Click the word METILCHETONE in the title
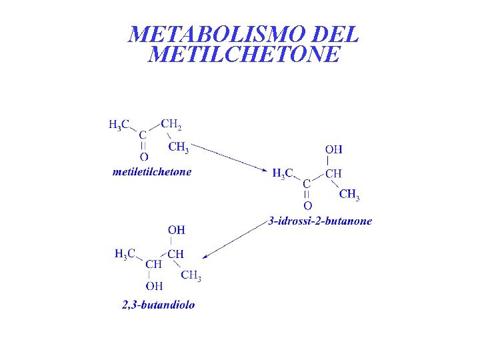coord(244,54)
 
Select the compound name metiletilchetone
coord(152,172)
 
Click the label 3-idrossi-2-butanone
coord(320,221)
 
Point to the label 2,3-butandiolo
coord(159,305)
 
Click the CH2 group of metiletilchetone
coord(171,125)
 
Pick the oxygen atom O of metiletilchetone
coord(143,157)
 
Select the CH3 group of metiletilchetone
coord(178,147)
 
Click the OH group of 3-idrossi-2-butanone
coord(333,149)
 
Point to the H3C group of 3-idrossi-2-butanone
coord(283,173)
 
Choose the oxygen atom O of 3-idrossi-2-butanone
coord(307,205)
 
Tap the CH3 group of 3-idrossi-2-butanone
coord(349,195)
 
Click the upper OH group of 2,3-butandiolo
coord(176,230)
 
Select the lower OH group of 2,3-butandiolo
coord(154,286)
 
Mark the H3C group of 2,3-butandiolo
coord(125,253)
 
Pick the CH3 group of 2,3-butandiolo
coord(191,275)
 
